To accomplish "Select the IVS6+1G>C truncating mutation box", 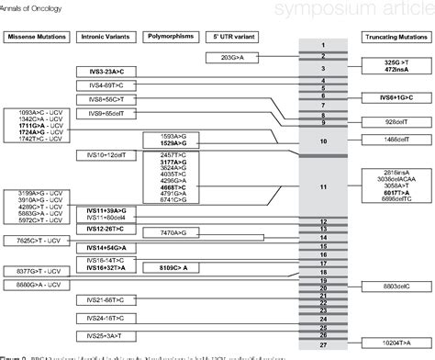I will (390, 96).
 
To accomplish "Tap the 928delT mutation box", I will (390, 122).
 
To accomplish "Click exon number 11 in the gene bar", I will (323, 187).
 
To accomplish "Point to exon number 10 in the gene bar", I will (323, 141).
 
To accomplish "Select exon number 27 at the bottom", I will (323, 344).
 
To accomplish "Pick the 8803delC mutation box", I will (390, 287).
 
